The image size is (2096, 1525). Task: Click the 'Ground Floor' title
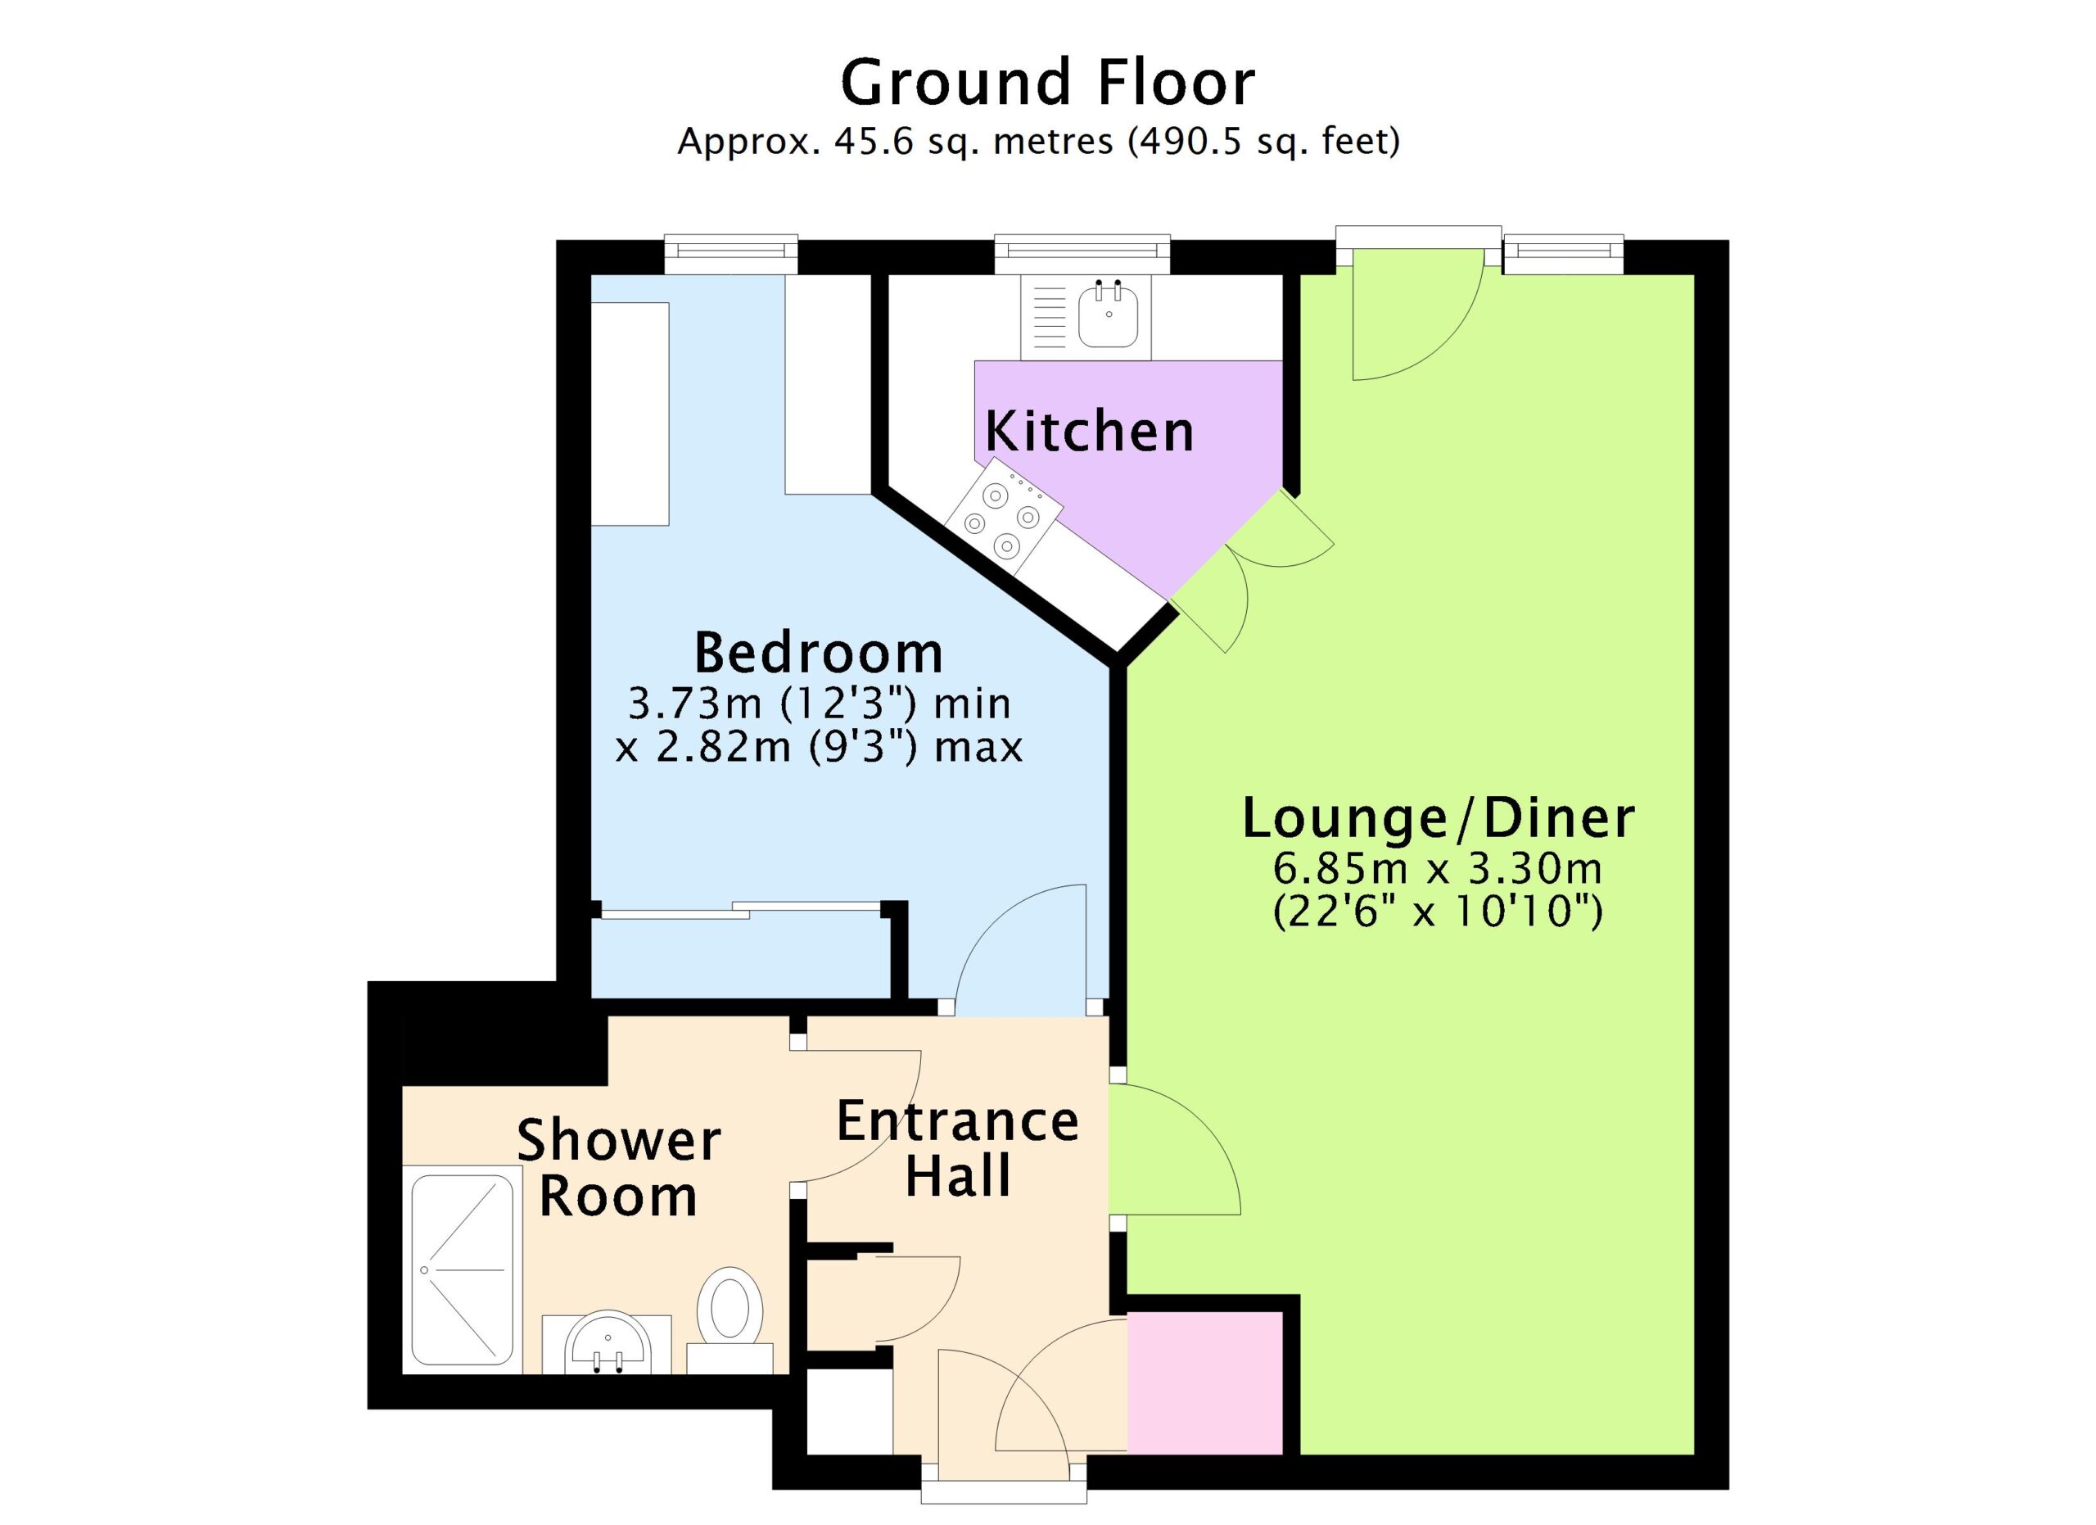click(1047, 84)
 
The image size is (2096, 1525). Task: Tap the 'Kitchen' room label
click(1089, 432)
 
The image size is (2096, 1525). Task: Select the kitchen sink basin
click(1108, 314)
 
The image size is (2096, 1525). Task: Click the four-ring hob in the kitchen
click(1003, 517)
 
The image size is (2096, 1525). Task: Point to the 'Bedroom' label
click(819, 653)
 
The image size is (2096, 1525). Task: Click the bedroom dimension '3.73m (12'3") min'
click(820, 704)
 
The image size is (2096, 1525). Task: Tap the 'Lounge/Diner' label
click(1438, 818)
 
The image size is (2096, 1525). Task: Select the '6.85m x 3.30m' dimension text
click(1438, 868)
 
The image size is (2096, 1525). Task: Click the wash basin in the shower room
click(606, 1343)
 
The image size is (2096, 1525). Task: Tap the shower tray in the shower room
click(462, 1269)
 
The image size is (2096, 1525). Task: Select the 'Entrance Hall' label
click(957, 1149)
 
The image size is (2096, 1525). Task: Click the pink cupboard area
click(1205, 1382)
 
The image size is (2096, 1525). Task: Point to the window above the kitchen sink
click(1082, 253)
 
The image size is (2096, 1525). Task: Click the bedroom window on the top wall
click(731, 253)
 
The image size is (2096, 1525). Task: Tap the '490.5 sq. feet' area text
click(1263, 143)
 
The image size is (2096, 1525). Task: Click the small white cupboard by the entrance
click(849, 1411)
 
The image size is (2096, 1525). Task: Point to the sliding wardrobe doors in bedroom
click(740, 909)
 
